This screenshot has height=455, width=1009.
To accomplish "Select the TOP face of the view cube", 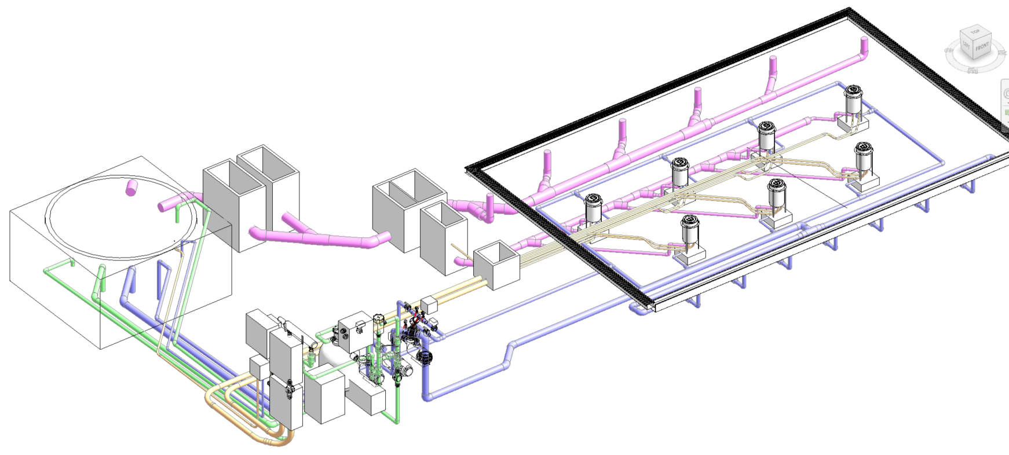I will (x=975, y=31).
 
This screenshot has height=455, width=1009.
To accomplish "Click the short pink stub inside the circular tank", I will (x=133, y=186).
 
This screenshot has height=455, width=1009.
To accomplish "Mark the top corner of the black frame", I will (x=849, y=10).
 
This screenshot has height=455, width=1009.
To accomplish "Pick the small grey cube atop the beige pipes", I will (x=428, y=304).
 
